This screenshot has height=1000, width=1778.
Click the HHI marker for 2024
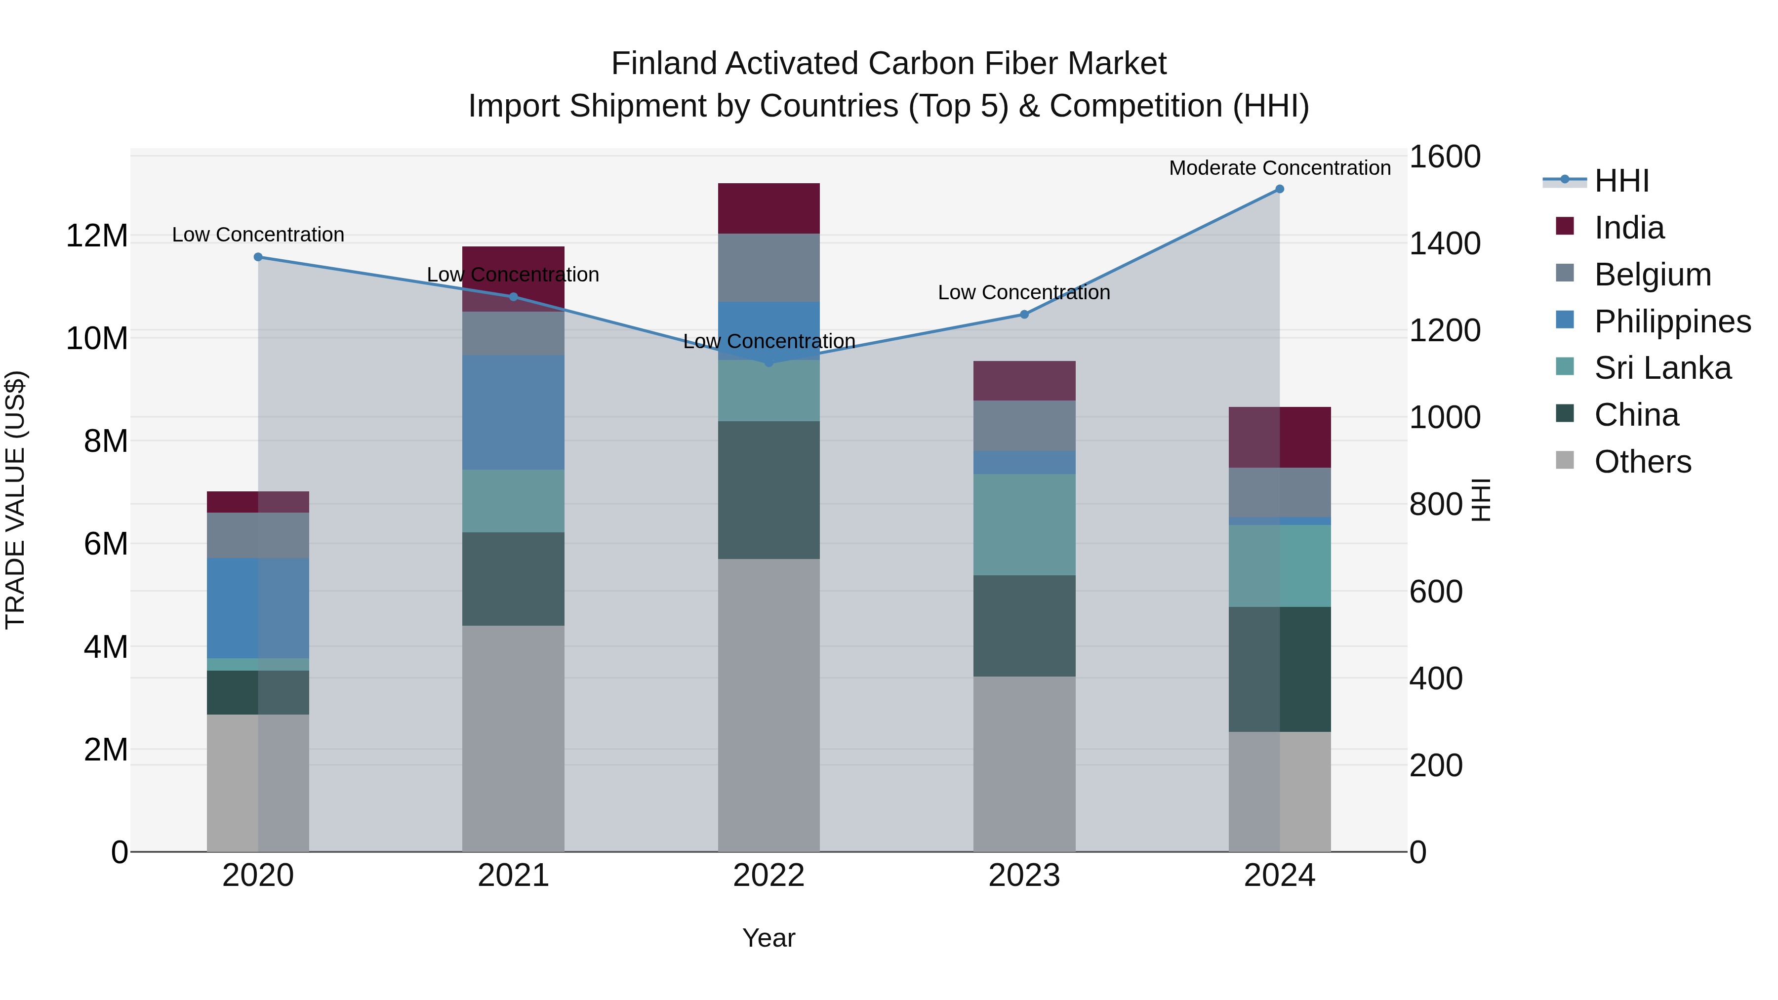1279,189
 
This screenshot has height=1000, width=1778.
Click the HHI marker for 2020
258,257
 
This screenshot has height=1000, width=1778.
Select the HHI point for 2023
1024,314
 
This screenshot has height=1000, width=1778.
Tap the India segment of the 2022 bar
768,208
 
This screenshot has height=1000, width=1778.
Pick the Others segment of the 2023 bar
1024,763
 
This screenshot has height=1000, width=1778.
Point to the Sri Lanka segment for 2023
1024,524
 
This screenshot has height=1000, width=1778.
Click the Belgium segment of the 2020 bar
258,535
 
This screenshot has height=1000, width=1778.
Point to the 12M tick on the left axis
97,236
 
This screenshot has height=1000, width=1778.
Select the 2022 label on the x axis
768,876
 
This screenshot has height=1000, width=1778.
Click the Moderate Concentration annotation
1279,168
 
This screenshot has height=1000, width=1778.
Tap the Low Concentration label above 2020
258,235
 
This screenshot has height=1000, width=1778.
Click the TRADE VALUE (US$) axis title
15,500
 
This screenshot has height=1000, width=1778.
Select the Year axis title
768,938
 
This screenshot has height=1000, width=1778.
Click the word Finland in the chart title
664,64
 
